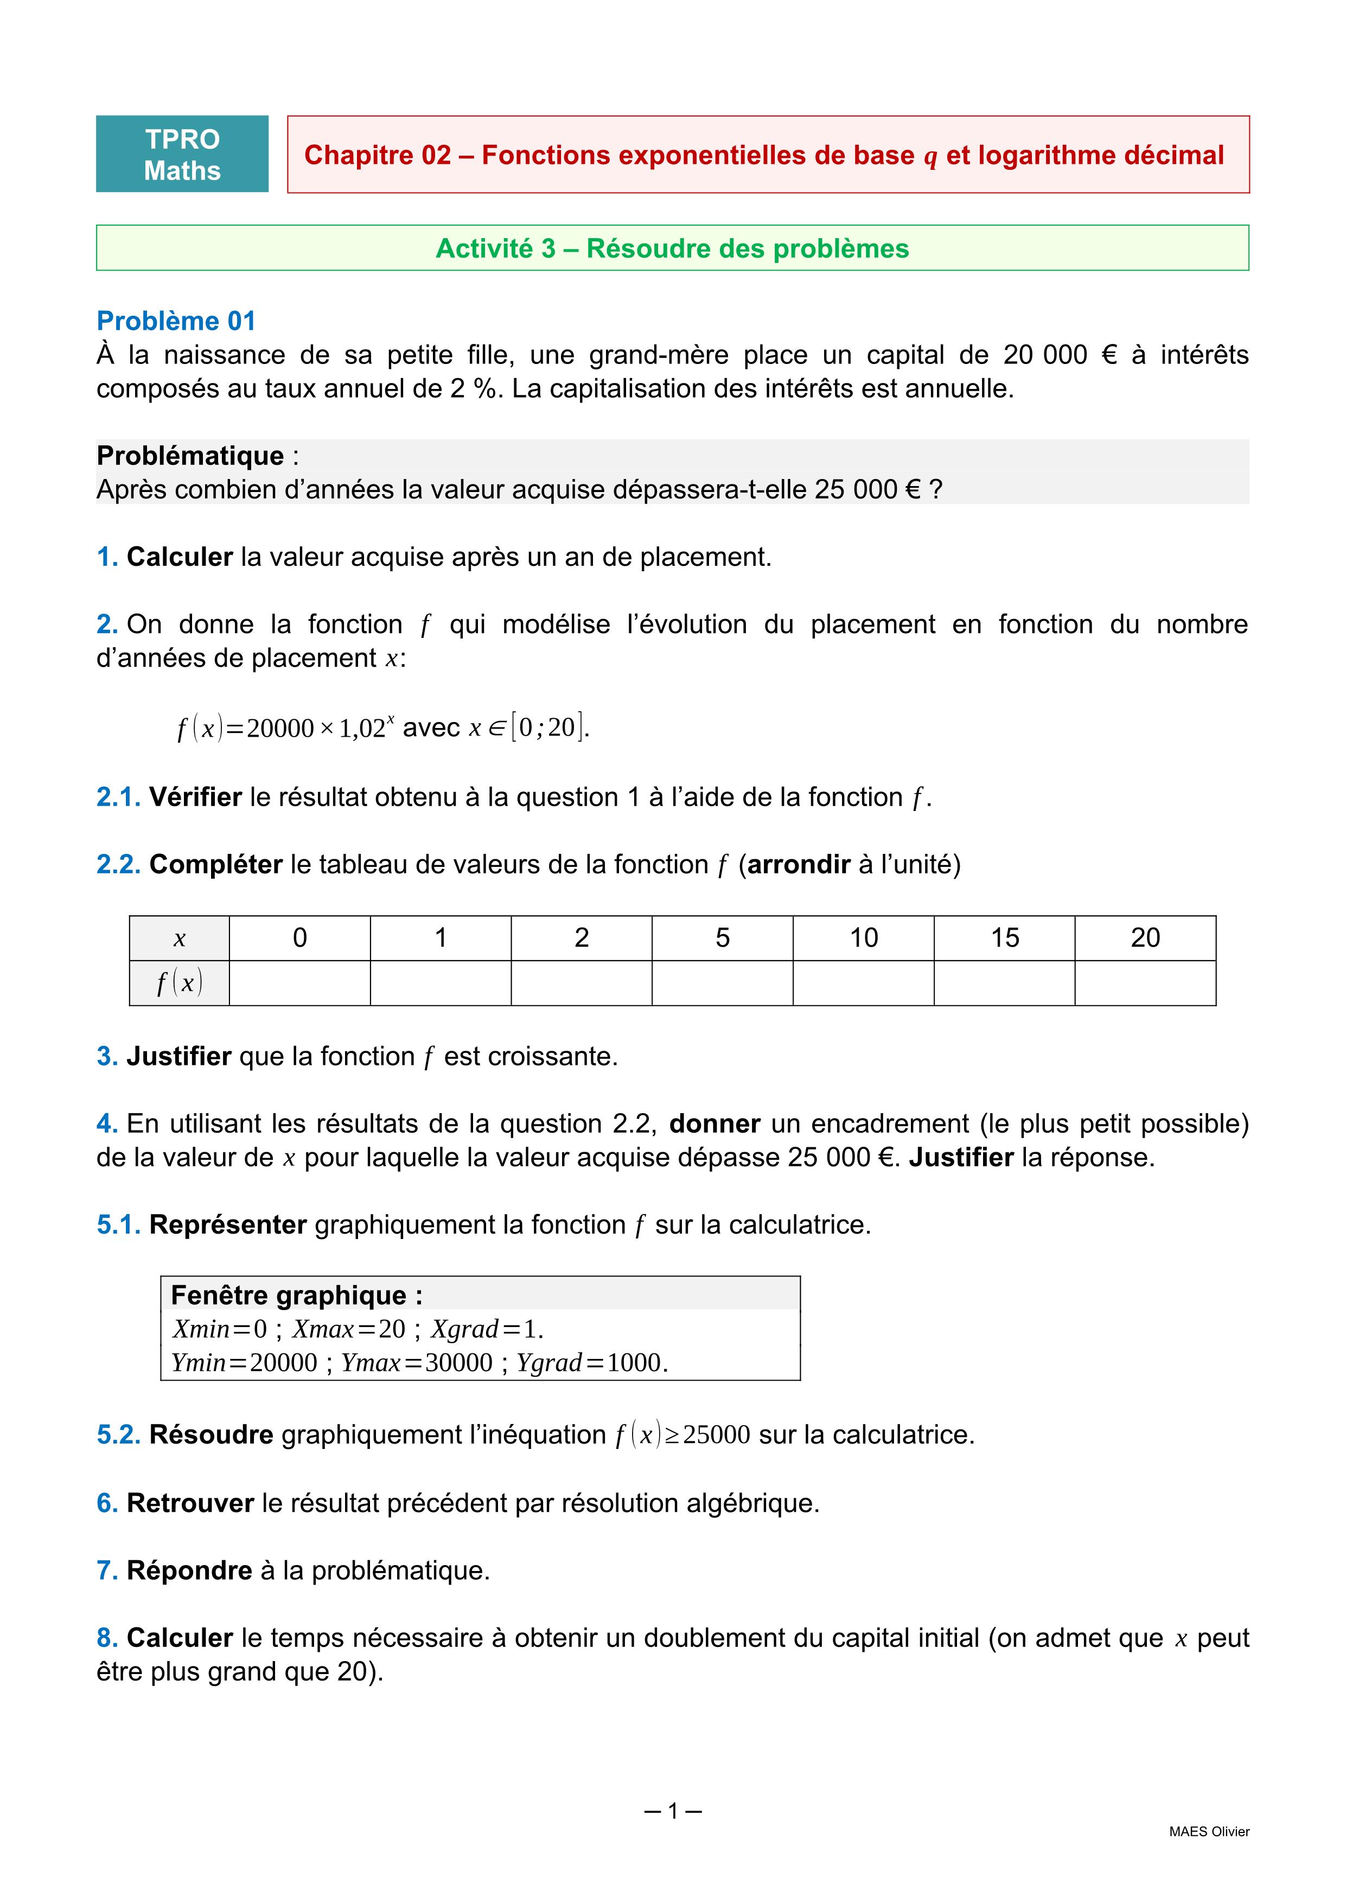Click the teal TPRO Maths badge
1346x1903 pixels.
[182, 154]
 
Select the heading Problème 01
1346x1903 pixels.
[176, 321]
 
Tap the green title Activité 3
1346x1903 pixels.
[672, 248]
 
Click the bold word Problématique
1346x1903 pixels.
[190, 456]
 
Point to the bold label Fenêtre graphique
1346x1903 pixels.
[296, 1295]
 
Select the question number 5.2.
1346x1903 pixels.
[118, 1435]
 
